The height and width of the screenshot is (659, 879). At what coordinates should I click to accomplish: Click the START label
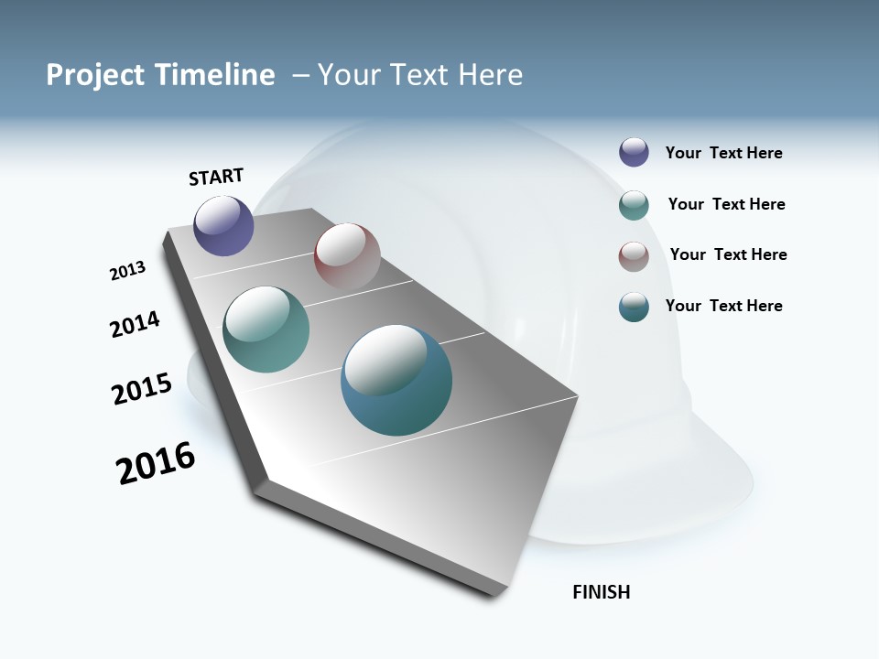(216, 177)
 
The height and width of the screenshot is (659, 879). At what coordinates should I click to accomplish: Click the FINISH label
(601, 592)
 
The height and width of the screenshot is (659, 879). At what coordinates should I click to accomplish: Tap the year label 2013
(127, 271)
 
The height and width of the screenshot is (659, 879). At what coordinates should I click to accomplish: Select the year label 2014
(135, 324)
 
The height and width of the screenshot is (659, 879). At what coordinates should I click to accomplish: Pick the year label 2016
(156, 463)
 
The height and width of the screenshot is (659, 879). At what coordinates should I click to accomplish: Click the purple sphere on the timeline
(224, 225)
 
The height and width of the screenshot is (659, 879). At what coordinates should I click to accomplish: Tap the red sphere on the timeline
(347, 256)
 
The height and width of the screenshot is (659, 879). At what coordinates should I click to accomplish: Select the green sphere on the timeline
(266, 329)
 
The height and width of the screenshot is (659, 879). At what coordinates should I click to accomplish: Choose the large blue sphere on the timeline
(396, 380)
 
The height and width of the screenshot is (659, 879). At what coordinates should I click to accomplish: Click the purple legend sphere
(634, 152)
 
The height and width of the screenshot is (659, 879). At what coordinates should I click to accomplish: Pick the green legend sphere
(634, 205)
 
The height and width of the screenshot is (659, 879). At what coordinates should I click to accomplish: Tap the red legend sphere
(634, 256)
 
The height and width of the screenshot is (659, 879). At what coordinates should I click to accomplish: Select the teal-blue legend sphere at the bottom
(634, 307)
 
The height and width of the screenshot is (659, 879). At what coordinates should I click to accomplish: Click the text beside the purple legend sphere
(723, 153)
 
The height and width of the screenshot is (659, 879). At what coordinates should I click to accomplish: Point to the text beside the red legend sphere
(728, 254)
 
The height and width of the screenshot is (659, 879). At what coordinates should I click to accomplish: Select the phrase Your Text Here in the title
(420, 75)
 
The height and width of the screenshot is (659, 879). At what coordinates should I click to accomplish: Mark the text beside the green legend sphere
(726, 204)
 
